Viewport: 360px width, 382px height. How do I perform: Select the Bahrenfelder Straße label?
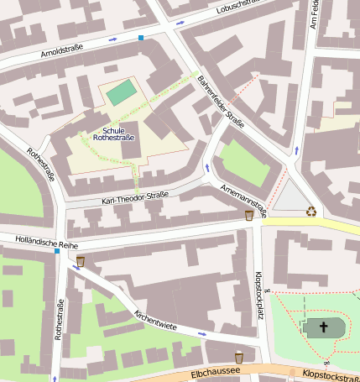(221, 102)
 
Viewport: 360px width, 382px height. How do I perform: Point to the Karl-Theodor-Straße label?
(134, 198)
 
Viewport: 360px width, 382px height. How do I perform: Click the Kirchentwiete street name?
(155, 320)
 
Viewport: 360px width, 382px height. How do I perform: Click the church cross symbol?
(324, 327)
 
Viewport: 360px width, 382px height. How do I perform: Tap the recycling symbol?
(311, 212)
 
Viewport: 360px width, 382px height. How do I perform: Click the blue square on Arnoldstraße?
(141, 38)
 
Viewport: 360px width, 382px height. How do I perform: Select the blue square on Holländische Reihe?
(57, 251)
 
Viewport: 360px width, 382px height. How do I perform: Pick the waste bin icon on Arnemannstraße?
(248, 216)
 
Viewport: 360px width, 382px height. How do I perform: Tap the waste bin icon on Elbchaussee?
(239, 357)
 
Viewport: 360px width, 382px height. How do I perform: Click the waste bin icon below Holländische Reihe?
(81, 261)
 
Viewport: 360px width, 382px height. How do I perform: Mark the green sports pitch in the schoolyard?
(121, 92)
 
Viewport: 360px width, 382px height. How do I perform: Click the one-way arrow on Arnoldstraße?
(112, 39)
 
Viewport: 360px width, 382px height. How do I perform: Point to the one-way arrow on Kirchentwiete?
(201, 333)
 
